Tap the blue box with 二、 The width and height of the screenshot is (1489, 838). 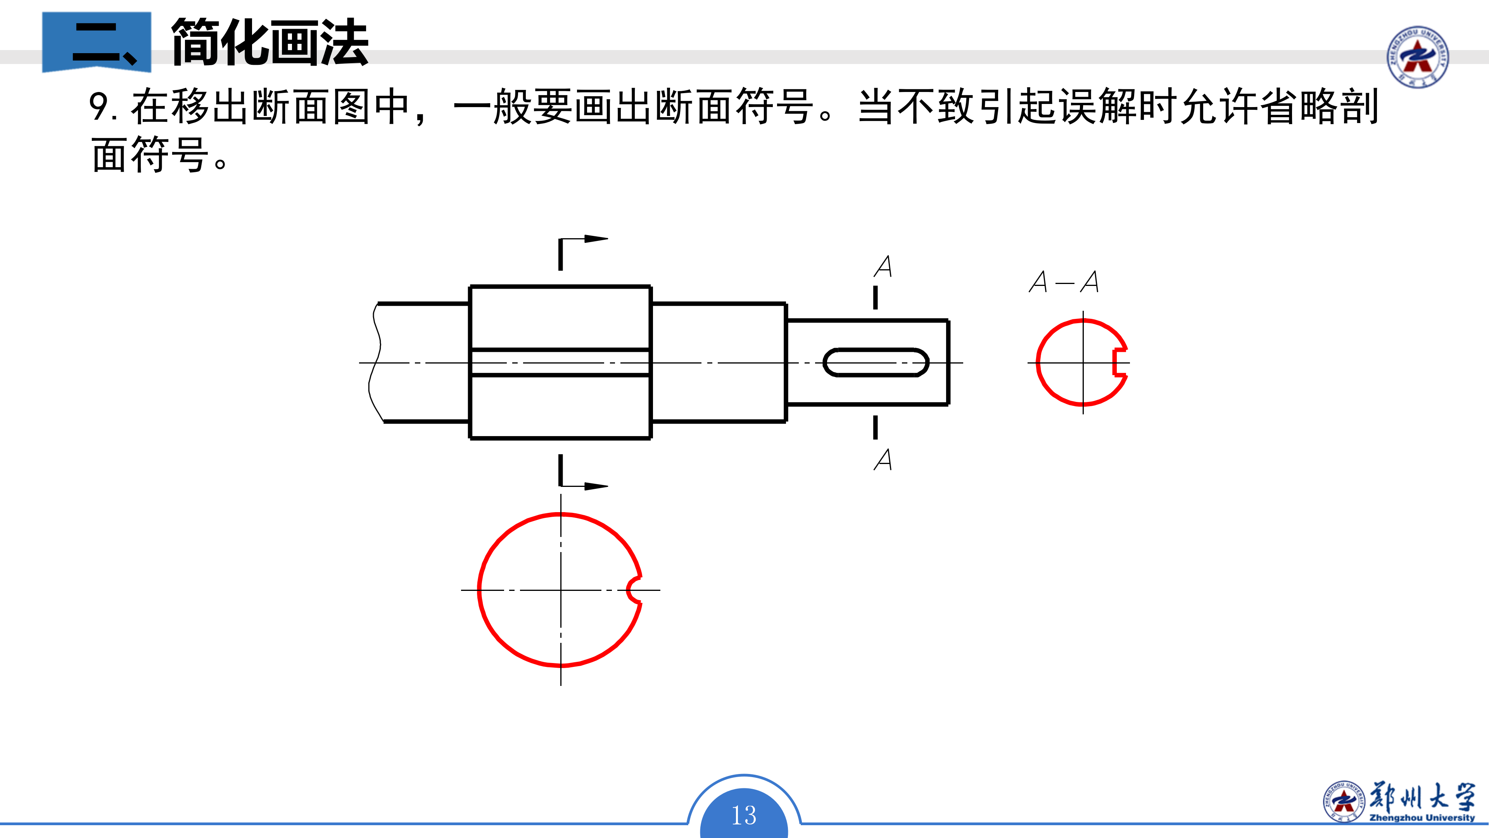(x=97, y=42)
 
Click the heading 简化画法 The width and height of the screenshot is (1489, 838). (x=270, y=42)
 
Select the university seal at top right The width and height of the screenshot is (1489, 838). (x=1417, y=57)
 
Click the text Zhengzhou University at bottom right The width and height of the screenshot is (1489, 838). (x=1422, y=818)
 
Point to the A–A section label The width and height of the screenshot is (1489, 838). (x=1064, y=282)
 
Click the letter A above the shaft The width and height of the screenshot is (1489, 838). (x=883, y=267)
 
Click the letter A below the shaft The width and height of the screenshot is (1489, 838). (x=883, y=460)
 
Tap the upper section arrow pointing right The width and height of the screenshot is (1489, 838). (x=595, y=239)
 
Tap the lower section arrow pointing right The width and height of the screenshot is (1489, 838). (x=595, y=486)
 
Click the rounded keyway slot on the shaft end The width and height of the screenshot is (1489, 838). (x=876, y=363)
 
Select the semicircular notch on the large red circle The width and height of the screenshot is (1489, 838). (x=634, y=590)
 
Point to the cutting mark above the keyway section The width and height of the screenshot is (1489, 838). (x=875, y=297)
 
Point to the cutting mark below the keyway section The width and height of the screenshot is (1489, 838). (x=875, y=428)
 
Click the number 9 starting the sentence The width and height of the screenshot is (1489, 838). (x=99, y=107)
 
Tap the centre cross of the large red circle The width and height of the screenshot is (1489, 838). (x=561, y=590)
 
